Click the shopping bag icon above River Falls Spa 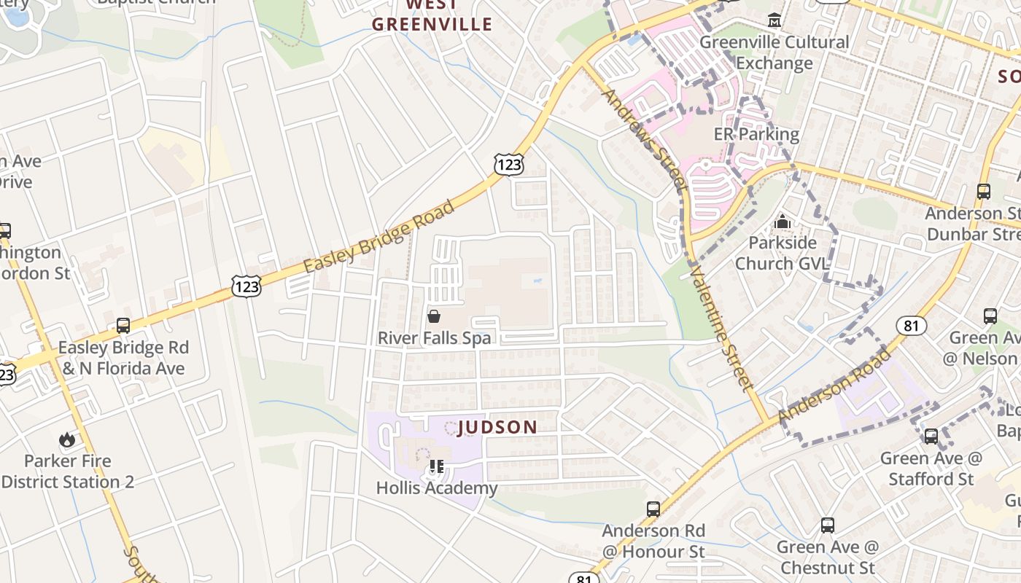coord(434,316)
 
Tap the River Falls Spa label coord(434,338)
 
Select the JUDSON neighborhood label coord(497,428)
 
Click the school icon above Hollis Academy coord(436,466)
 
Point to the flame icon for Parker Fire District coord(67,439)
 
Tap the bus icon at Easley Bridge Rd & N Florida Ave coord(123,326)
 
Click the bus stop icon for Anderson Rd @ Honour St coord(653,509)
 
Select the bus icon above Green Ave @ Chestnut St coord(828,525)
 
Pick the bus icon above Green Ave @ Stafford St coord(931,437)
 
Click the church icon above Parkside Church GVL coord(783,221)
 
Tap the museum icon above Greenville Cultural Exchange coord(775,20)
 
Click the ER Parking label coord(756,135)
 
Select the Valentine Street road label coord(720,328)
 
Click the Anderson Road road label coord(835,386)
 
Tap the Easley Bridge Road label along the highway coord(378,237)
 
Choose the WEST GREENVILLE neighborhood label coord(432,15)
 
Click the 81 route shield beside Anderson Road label coord(912,326)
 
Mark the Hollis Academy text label coord(437,488)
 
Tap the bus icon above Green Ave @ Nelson coord(990,316)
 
